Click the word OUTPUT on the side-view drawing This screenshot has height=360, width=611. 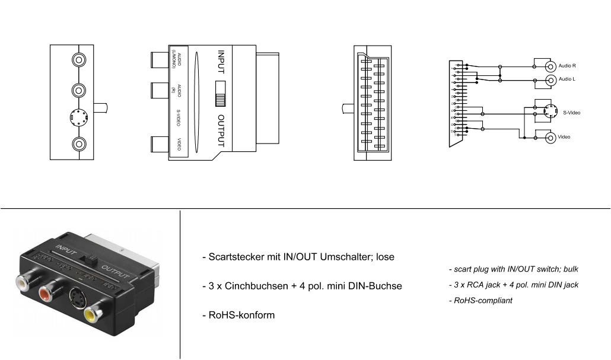(221, 130)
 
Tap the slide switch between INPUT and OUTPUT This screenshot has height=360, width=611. (220, 93)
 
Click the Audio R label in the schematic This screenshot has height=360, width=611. (567, 66)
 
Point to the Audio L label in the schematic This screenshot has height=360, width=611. (567, 79)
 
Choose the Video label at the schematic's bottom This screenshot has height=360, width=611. (564, 137)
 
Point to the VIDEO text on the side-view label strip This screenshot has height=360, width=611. (179, 144)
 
